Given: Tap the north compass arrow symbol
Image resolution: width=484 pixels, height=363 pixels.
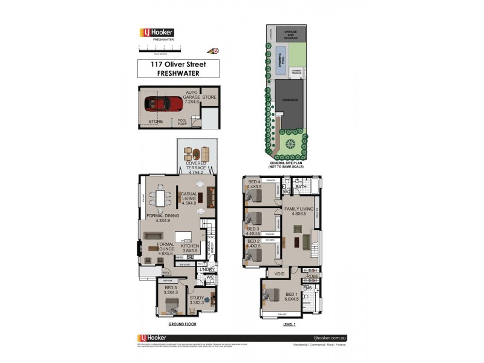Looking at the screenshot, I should click(x=212, y=51).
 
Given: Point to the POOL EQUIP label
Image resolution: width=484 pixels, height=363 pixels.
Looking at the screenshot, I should click(x=182, y=121).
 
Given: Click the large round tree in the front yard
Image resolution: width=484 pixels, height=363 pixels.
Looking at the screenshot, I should click(x=291, y=144).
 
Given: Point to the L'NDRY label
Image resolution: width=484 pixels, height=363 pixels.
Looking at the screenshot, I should click(x=208, y=269).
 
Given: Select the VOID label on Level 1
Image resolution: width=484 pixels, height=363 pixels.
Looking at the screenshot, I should click(x=279, y=273).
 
